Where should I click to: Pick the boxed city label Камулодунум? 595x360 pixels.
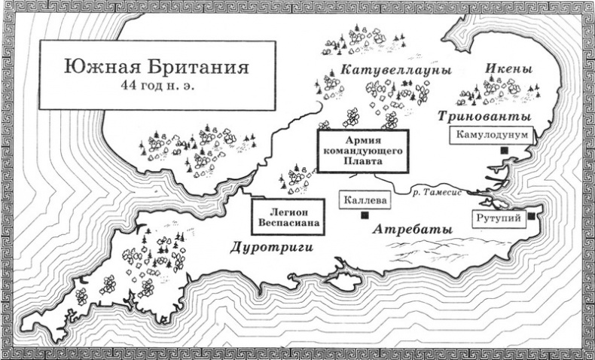492,135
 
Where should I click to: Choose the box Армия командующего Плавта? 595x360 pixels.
362,151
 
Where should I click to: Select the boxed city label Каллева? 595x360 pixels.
364,201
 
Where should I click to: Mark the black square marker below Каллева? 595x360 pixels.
365,217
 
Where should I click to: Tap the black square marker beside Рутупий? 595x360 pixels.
532,217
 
